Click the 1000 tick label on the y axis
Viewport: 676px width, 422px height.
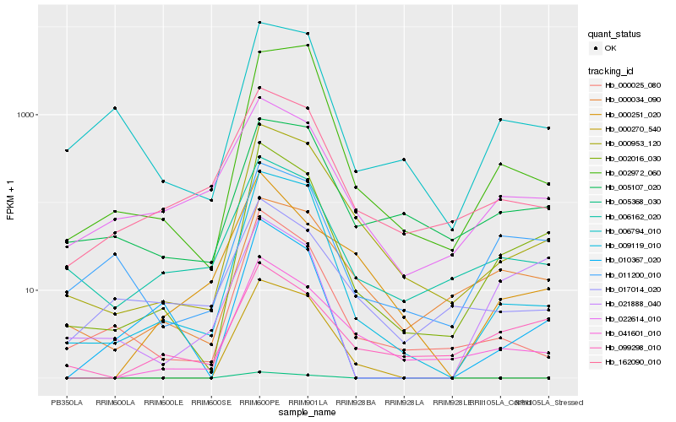click(25, 115)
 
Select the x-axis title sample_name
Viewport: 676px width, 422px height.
click(308, 413)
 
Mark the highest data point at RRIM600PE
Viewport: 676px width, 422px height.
click(259, 23)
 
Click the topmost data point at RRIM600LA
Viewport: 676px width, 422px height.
click(115, 108)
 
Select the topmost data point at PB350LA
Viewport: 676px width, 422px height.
click(67, 150)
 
